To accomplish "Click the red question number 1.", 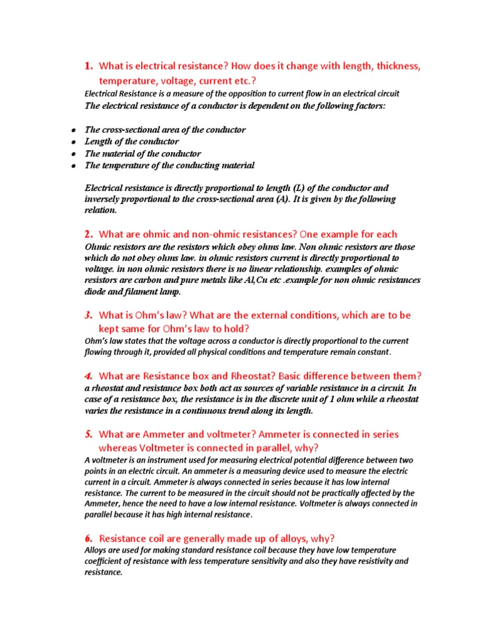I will click(88, 66).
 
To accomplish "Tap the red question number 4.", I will click(89, 376).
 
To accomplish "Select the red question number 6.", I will click(89, 538).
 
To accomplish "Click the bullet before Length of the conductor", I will click(73, 142).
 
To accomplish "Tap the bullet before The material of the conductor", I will click(73, 154).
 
